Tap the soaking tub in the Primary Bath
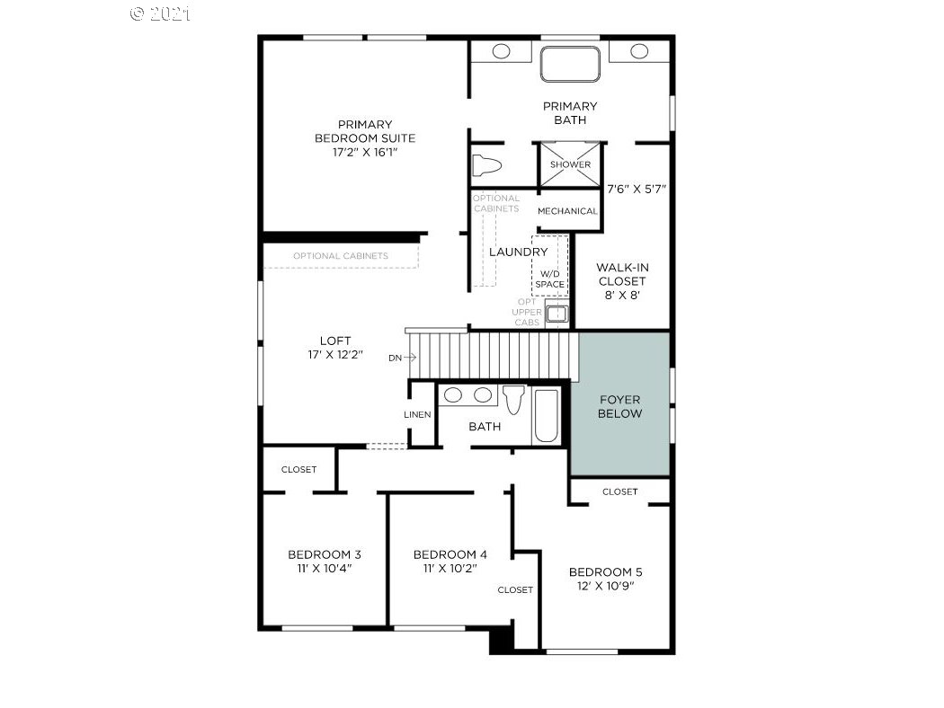point(570,64)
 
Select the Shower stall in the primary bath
point(569,164)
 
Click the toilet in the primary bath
point(486,165)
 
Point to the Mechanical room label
point(567,211)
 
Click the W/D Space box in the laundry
point(549,265)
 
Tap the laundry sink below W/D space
point(557,314)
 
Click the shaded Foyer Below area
point(620,403)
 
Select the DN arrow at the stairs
point(410,358)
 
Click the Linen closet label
point(417,414)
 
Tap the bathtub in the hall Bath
point(546,416)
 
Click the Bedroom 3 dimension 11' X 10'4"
point(325,569)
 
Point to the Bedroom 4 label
point(450,554)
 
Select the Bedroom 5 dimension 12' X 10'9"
point(606,586)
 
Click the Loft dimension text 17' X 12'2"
point(335,355)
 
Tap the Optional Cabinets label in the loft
point(341,256)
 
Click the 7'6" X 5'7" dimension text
point(637,189)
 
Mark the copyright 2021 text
point(161,13)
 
